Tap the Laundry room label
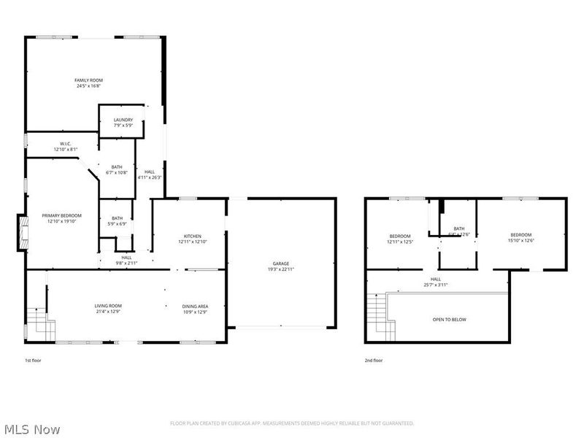point(123,120)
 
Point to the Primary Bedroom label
point(61,215)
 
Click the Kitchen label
point(192,236)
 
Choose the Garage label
point(281,264)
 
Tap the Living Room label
point(107,306)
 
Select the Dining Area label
point(195,306)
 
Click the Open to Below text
point(449,320)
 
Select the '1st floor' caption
point(34,361)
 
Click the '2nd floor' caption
point(374,361)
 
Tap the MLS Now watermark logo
point(33,429)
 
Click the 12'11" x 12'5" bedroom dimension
point(400,241)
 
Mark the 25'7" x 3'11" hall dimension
point(435,284)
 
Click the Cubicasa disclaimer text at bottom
point(292,423)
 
